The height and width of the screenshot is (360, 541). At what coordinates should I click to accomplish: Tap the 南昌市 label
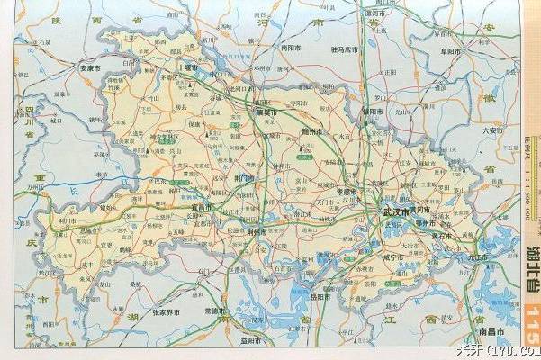pyautogui.click(x=494, y=333)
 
